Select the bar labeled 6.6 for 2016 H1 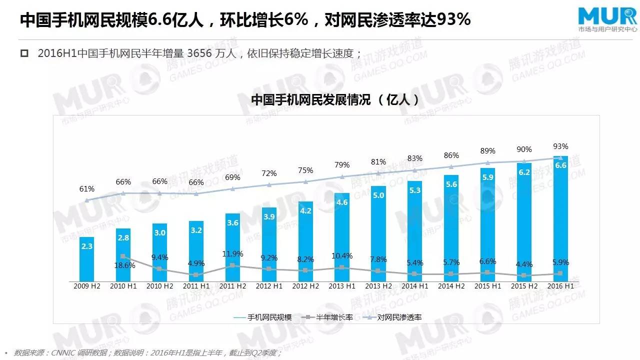pyautogui.click(x=560, y=220)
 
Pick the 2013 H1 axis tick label pyautogui.click(x=342, y=286)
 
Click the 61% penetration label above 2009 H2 pyautogui.click(x=86, y=189)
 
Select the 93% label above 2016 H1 pyautogui.click(x=560, y=146)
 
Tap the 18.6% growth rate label pyautogui.click(x=124, y=265)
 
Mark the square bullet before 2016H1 pyautogui.click(x=24, y=53)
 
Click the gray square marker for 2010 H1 pyautogui.click(x=123, y=256)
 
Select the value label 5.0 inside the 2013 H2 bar pyautogui.click(x=378, y=195)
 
